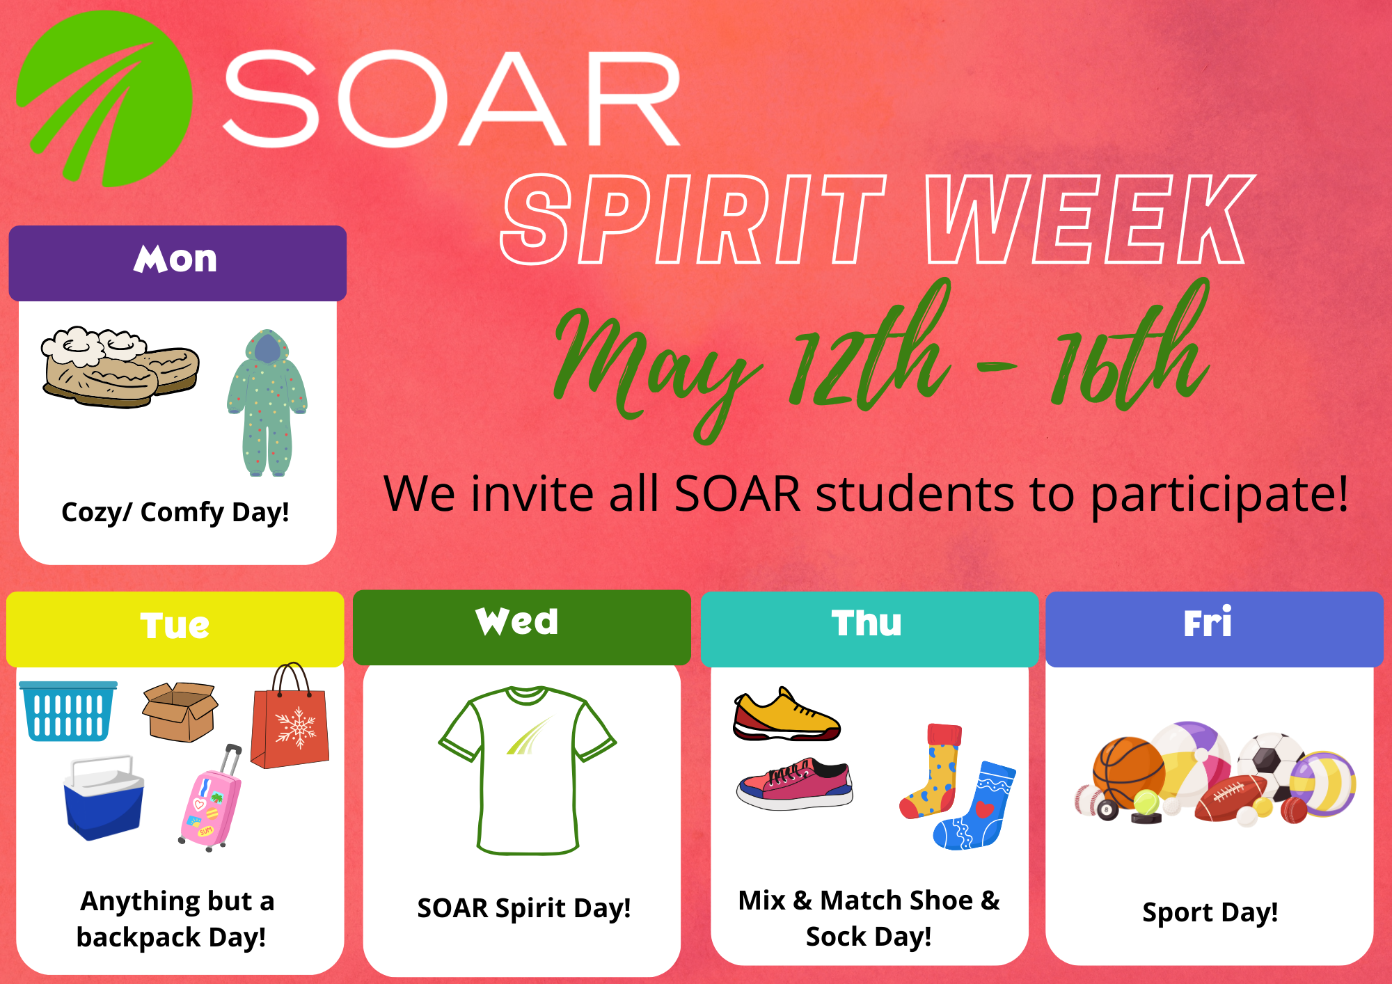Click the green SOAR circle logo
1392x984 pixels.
(x=104, y=99)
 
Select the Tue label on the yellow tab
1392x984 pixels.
(x=175, y=625)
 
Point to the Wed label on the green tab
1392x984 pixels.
(x=517, y=621)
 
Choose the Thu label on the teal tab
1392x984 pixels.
(x=867, y=623)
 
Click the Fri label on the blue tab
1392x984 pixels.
(x=1208, y=621)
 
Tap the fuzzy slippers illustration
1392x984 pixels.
(x=120, y=367)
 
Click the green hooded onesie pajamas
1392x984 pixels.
(x=267, y=403)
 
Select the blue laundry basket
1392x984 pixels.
(x=68, y=711)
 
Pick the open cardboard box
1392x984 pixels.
(x=180, y=712)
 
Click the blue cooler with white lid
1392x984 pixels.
(x=104, y=798)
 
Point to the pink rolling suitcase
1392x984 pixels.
(x=210, y=800)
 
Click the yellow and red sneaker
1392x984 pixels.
(x=786, y=715)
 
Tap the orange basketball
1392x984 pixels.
(x=1128, y=771)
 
